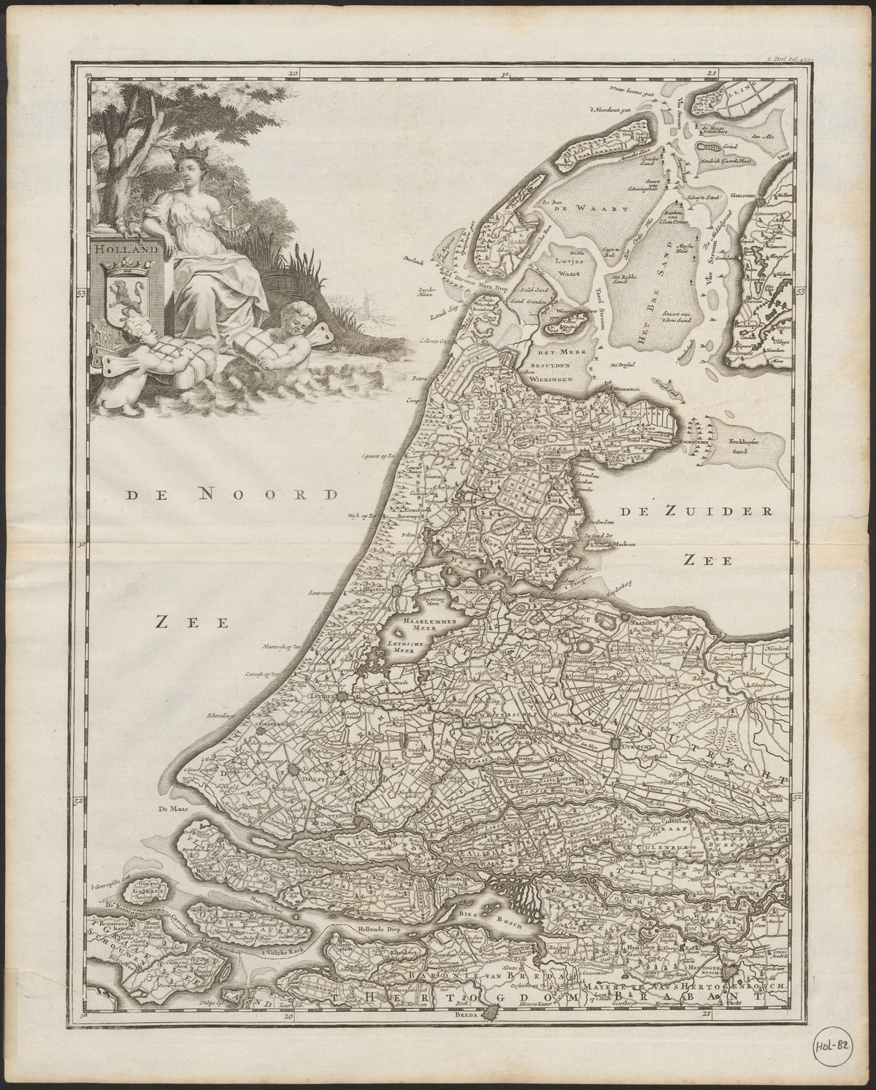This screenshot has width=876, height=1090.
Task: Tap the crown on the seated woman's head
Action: click(198, 151)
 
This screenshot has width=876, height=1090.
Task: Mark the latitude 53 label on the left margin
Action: click(81, 293)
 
